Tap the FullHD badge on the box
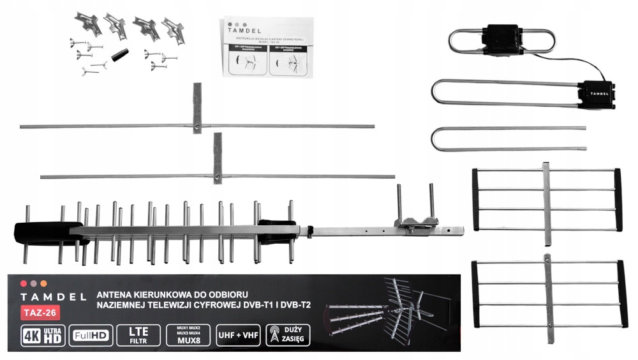[93, 336]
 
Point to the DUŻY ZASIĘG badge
[287, 336]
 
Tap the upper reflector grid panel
[545, 199]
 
